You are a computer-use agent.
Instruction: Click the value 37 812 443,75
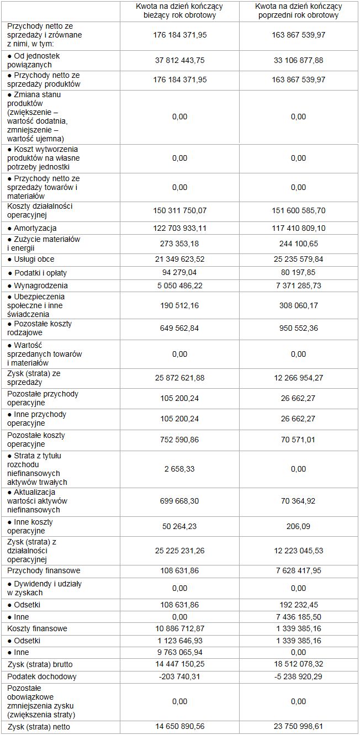(x=179, y=60)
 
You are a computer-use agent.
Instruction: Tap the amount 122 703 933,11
(x=179, y=228)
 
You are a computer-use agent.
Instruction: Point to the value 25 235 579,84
(x=298, y=259)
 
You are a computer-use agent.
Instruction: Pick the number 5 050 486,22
(x=179, y=285)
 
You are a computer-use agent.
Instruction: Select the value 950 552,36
(x=298, y=328)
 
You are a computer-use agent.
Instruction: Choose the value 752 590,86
(x=179, y=440)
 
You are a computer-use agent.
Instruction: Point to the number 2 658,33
(x=179, y=469)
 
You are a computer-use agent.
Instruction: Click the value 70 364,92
(x=298, y=501)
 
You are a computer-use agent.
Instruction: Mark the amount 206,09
(x=298, y=526)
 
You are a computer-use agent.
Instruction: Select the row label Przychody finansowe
(x=44, y=570)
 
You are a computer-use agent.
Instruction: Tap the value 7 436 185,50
(x=298, y=617)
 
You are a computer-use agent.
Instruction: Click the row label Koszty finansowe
(x=38, y=628)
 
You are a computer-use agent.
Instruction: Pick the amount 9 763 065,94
(x=179, y=652)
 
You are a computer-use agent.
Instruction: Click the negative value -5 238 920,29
(x=298, y=676)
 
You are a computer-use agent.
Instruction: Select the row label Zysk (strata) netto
(x=39, y=727)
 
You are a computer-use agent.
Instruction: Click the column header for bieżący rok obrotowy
(x=179, y=10)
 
